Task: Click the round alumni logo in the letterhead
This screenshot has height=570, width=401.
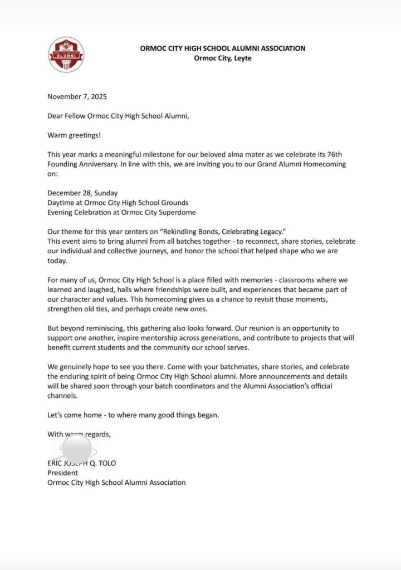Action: point(66,55)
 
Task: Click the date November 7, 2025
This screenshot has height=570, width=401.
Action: point(77,96)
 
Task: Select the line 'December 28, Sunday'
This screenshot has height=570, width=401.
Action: point(82,193)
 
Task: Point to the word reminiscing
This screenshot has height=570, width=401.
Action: point(103,328)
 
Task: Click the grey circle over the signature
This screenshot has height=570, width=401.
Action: point(77,449)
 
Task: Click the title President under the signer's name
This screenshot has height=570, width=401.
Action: point(63,473)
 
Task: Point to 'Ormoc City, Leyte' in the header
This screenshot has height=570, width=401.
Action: point(222,58)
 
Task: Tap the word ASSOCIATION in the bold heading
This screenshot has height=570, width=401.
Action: point(276,48)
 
